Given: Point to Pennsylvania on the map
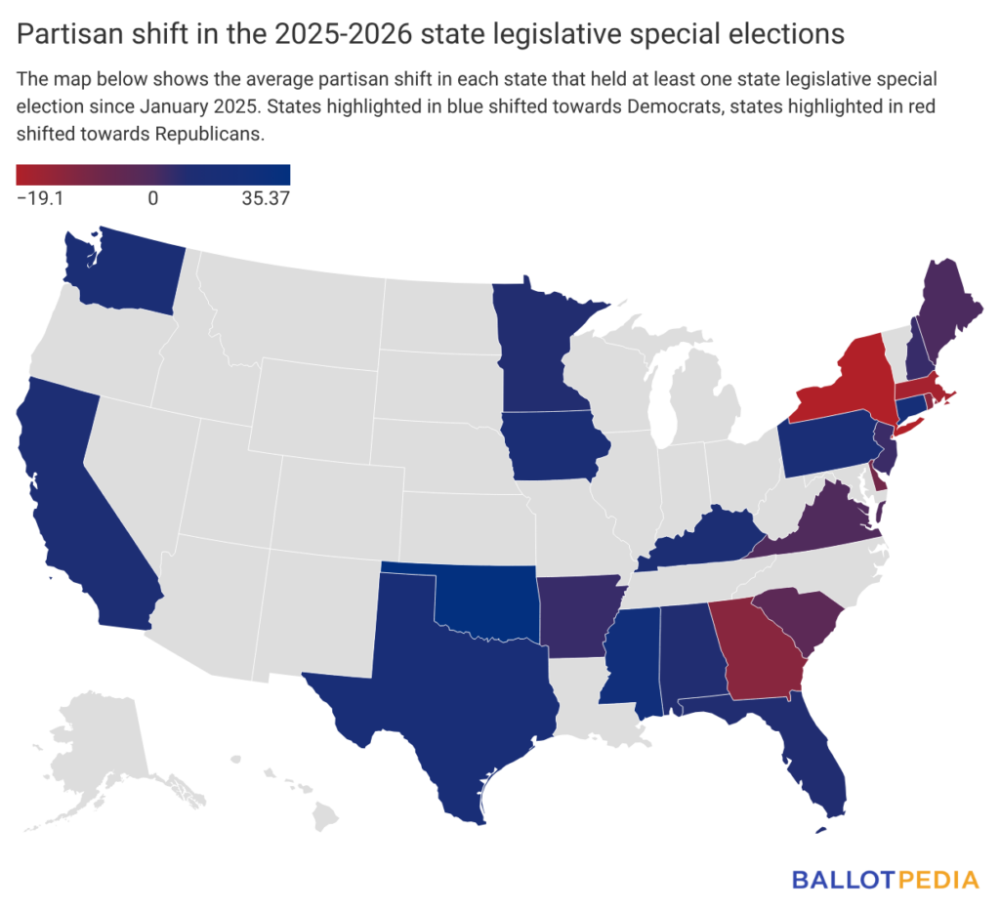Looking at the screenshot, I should tap(825, 439).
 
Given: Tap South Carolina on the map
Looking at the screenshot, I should tap(796, 621).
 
